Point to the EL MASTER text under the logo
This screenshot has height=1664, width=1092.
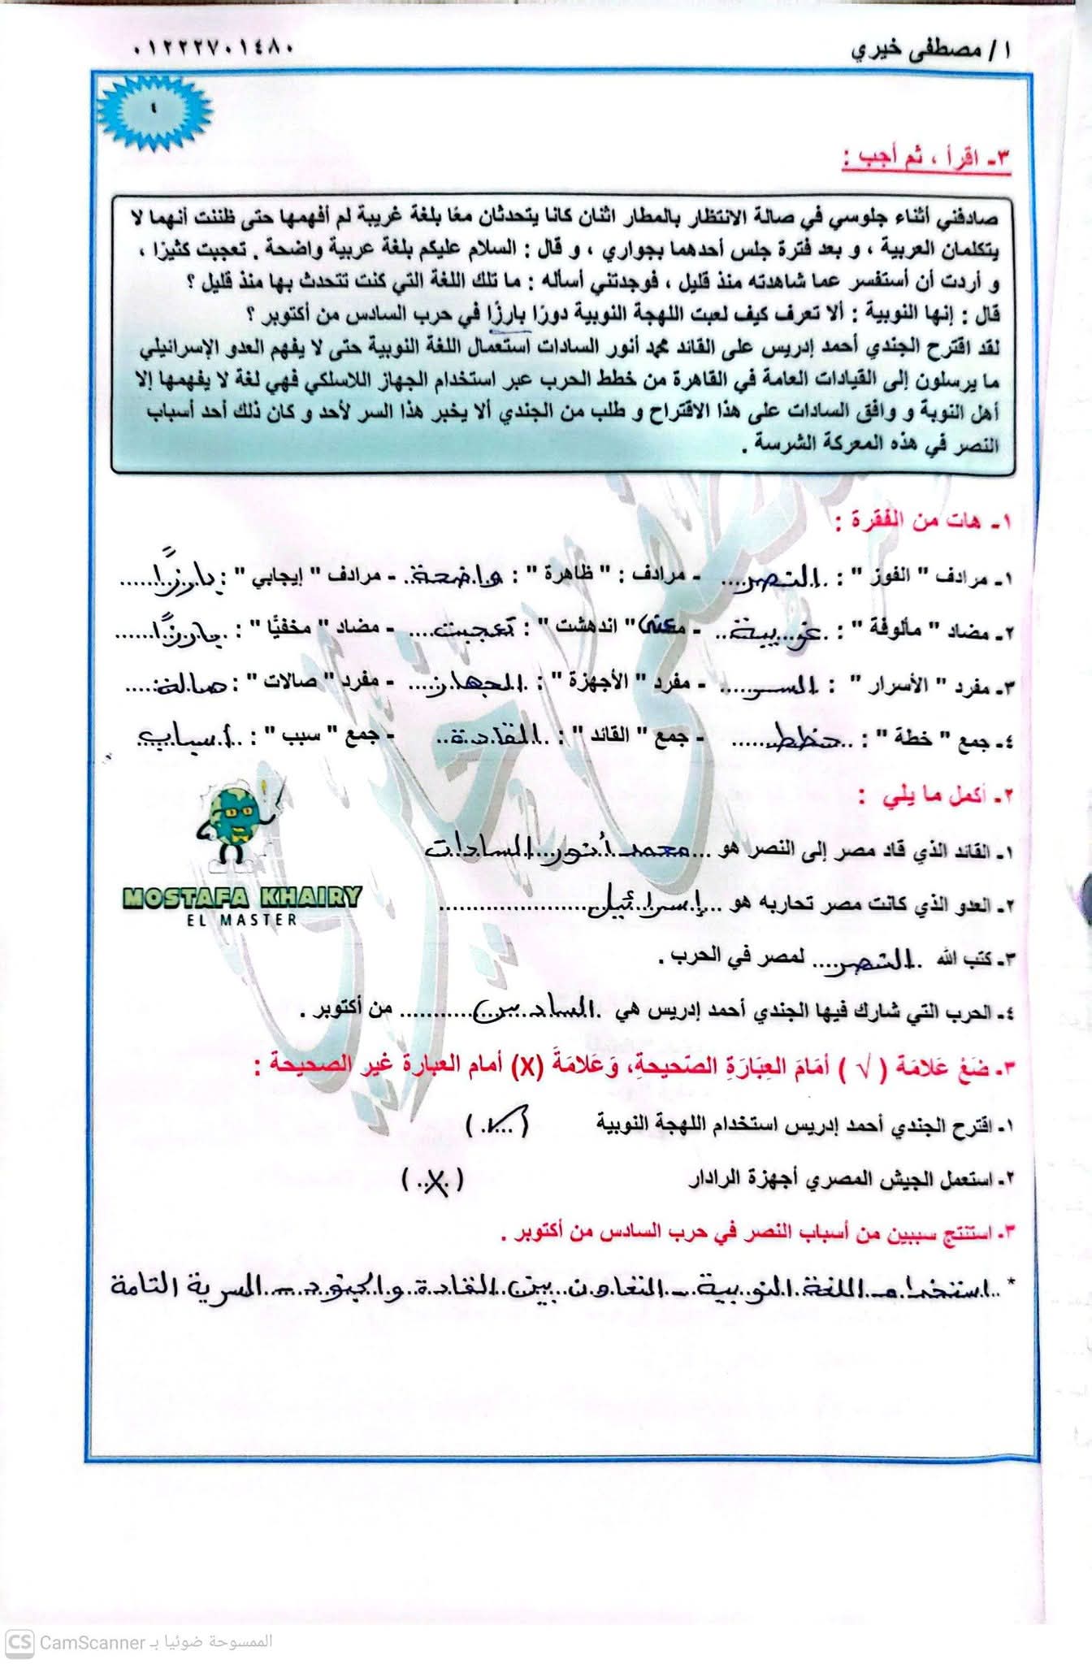pyautogui.click(x=241, y=920)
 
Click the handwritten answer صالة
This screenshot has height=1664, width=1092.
pyautogui.click(x=185, y=685)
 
